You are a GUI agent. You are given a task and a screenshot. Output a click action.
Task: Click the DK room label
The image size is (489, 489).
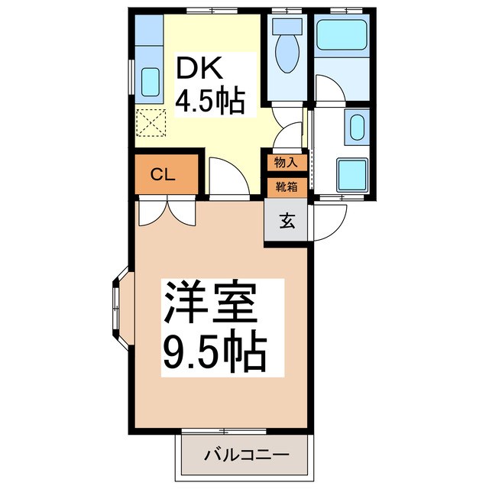(x=200, y=71)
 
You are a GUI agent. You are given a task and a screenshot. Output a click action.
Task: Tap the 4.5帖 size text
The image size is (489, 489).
(x=212, y=101)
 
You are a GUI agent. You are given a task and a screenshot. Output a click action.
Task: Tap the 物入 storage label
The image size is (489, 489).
(x=287, y=163)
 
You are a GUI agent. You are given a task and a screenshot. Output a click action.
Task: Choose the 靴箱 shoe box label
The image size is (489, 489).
(x=287, y=186)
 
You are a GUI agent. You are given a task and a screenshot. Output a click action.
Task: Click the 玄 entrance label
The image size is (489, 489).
(x=287, y=222)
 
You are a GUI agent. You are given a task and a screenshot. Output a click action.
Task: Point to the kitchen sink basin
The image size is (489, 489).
(x=151, y=80)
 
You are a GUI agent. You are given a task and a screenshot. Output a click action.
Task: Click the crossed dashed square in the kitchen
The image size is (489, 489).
(x=151, y=121)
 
